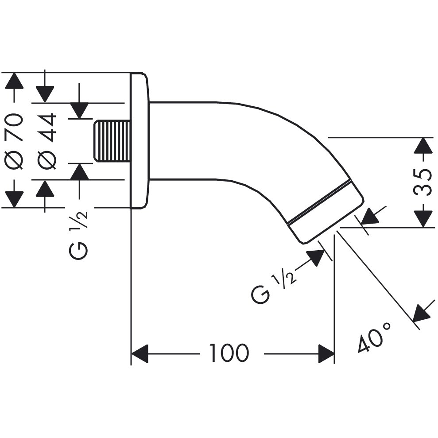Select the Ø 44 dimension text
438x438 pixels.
point(47,141)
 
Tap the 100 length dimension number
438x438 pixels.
point(229,353)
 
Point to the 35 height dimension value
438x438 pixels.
point(422,182)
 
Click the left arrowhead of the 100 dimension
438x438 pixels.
point(140,354)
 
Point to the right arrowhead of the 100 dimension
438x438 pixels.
point(326,354)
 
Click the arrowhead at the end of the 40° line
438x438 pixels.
point(422,312)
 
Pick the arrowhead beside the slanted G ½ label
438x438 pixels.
point(316,258)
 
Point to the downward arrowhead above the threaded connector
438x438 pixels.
point(79,111)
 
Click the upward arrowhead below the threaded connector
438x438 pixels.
point(79,171)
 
